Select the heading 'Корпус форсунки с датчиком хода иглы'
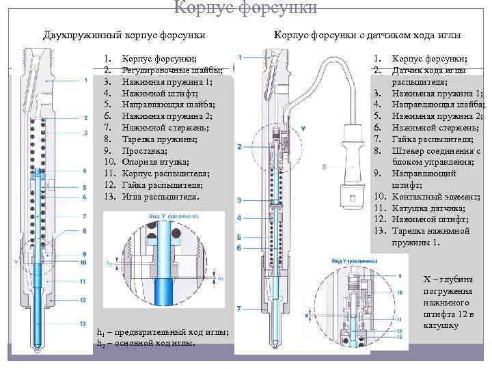[367, 35]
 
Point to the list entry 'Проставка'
[144, 150]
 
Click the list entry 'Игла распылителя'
[160, 197]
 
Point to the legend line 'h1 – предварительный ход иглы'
[163, 332]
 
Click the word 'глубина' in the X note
[459, 279]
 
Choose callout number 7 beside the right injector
[239, 309]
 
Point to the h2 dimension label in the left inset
[110, 261]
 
